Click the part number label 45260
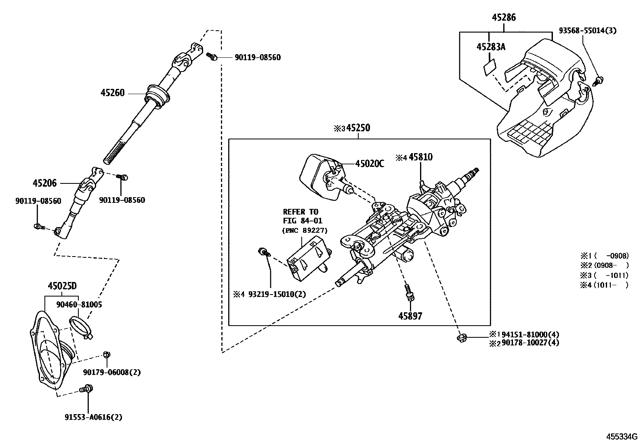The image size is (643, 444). [x=113, y=93]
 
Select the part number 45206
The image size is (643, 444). [x=44, y=183]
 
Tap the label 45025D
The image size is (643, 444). [x=62, y=286]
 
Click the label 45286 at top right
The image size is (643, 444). [x=504, y=17]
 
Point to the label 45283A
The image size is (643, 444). [x=491, y=47]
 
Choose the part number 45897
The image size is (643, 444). [x=410, y=316]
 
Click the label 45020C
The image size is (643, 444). [x=370, y=164]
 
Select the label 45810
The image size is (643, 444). [x=420, y=157]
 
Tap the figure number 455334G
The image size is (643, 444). [x=621, y=437]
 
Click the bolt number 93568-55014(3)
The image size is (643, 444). [x=588, y=31]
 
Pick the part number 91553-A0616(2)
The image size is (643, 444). [x=93, y=417]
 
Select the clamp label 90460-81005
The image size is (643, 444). [x=79, y=305]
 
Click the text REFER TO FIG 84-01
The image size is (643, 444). [x=300, y=216]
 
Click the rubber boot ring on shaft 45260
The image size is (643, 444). [x=157, y=96]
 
